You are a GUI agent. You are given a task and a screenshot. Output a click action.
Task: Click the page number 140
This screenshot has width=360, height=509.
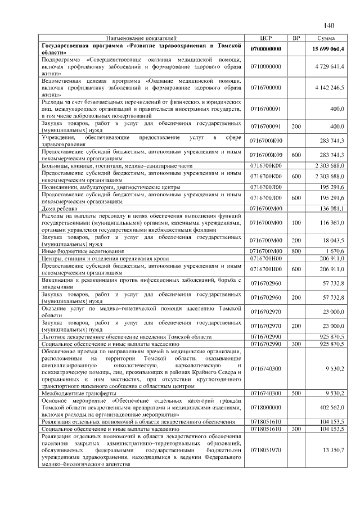[x=329, y=26]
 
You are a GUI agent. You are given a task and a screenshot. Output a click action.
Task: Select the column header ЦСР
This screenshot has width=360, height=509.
[x=267, y=38]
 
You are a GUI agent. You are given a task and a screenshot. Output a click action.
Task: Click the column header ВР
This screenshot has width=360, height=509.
[x=296, y=38]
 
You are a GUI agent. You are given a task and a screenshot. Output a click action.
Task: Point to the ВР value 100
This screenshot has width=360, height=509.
[x=296, y=223]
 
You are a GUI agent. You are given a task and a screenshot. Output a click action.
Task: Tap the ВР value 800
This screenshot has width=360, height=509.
[x=296, y=251]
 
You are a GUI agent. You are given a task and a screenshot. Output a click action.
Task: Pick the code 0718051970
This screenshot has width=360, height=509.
[x=266, y=451]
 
